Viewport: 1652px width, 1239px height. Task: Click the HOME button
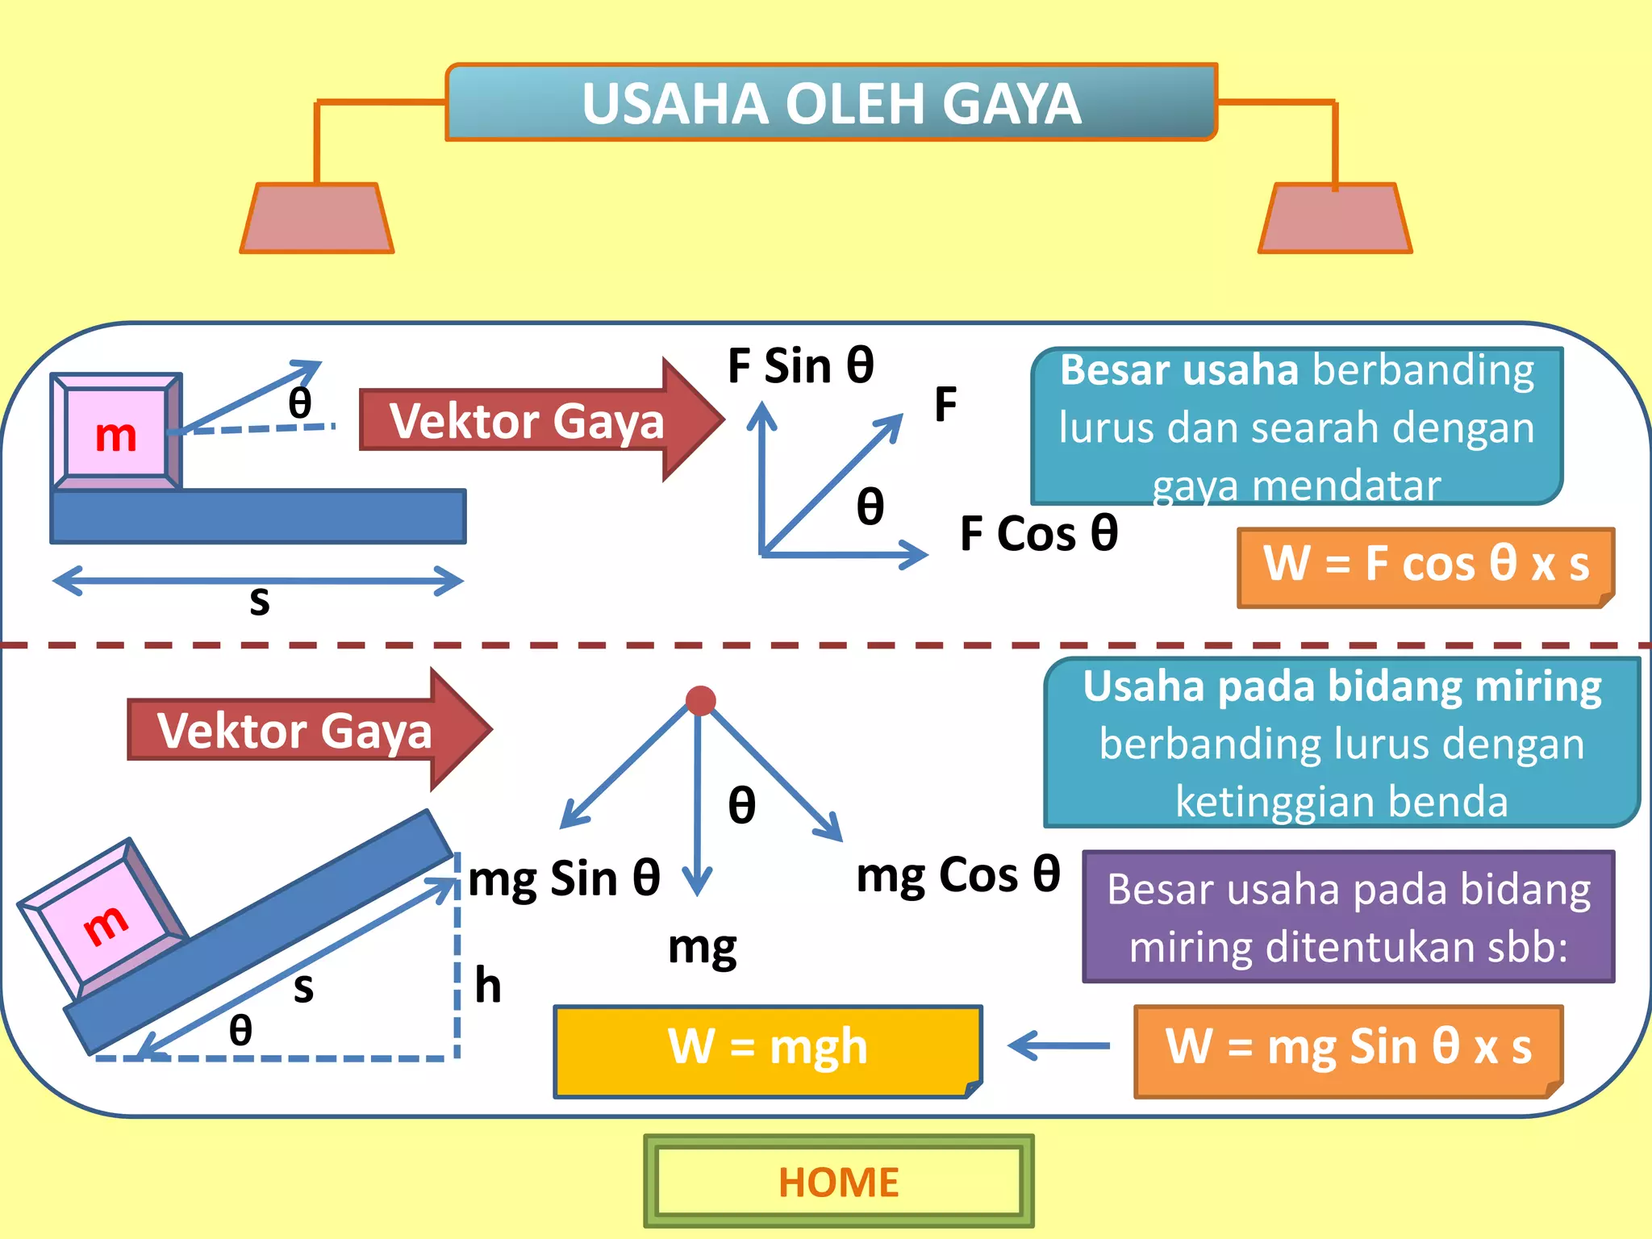[x=838, y=1182]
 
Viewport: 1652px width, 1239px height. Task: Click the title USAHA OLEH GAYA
[x=831, y=103]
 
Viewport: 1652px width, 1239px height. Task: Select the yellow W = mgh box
[x=767, y=1050]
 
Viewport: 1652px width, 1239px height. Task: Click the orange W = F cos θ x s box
[x=1425, y=565]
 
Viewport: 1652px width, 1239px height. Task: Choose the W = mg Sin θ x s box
[x=1348, y=1050]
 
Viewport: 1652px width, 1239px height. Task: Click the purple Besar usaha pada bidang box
[x=1348, y=916]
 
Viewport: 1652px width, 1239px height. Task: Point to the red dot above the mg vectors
[x=700, y=700]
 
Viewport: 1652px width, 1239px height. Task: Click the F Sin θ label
[x=800, y=366]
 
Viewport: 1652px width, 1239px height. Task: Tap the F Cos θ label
[x=1039, y=534]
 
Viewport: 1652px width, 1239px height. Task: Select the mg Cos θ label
[x=957, y=875]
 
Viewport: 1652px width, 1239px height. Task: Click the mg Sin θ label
[x=564, y=878]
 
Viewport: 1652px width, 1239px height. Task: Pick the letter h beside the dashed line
[x=488, y=986]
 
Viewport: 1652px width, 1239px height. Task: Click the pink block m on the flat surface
[x=116, y=436]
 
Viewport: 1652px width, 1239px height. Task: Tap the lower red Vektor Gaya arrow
[x=307, y=730]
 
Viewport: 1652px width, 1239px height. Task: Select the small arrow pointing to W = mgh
[x=1059, y=1045]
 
